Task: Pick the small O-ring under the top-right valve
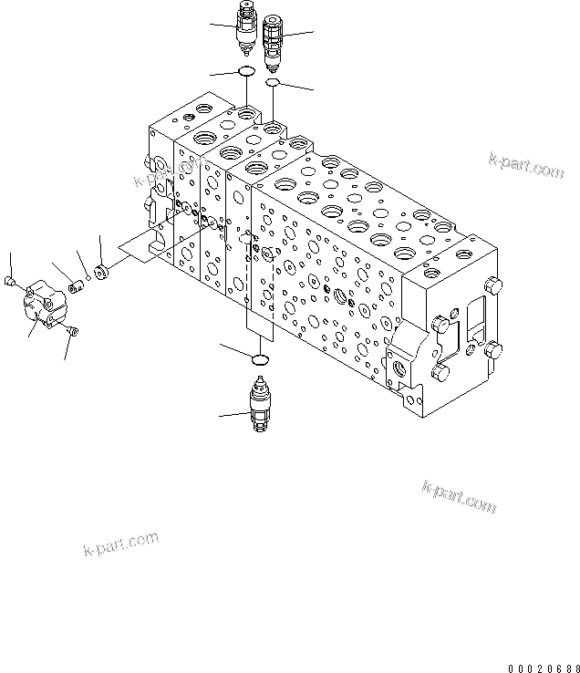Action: (x=273, y=83)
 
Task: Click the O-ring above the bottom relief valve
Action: (x=260, y=359)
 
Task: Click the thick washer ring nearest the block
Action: (x=102, y=273)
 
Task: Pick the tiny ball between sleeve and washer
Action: (x=88, y=280)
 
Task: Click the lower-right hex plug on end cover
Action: (x=493, y=348)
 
